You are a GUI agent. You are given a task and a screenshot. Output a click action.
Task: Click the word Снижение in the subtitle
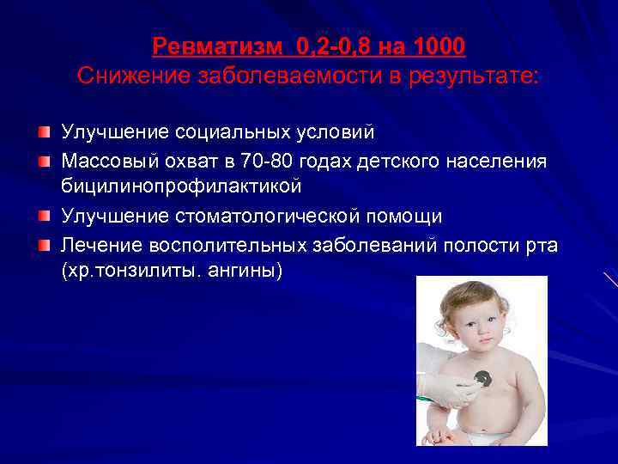point(126,76)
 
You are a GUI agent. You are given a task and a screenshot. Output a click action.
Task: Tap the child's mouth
point(475,340)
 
